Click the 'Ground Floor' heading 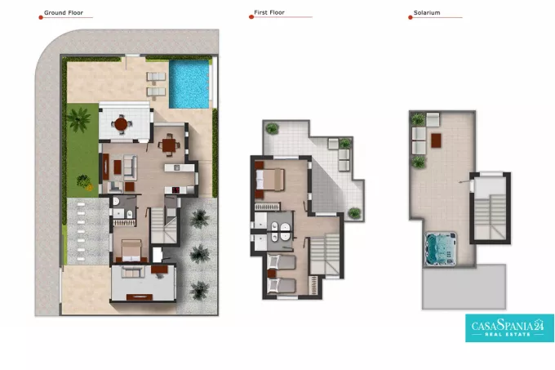(x=64, y=13)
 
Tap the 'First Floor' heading (x=269, y=12)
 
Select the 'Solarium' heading (x=427, y=13)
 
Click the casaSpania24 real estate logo (x=509, y=328)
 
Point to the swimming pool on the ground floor (x=189, y=84)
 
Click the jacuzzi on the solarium (x=441, y=248)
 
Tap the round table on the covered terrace (x=121, y=124)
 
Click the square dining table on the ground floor (x=169, y=145)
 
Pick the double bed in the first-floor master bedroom (x=269, y=180)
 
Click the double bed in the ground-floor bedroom (x=131, y=251)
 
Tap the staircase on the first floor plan (x=325, y=254)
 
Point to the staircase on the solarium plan (x=490, y=217)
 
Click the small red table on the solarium (x=436, y=140)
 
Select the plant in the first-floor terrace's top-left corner (x=272, y=128)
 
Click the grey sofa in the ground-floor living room (x=130, y=166)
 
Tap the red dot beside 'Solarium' (x=411, y=17)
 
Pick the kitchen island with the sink (x=179, y=167)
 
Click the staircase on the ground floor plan (x=164, y=225)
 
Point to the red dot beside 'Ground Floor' (x=41, y=17)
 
